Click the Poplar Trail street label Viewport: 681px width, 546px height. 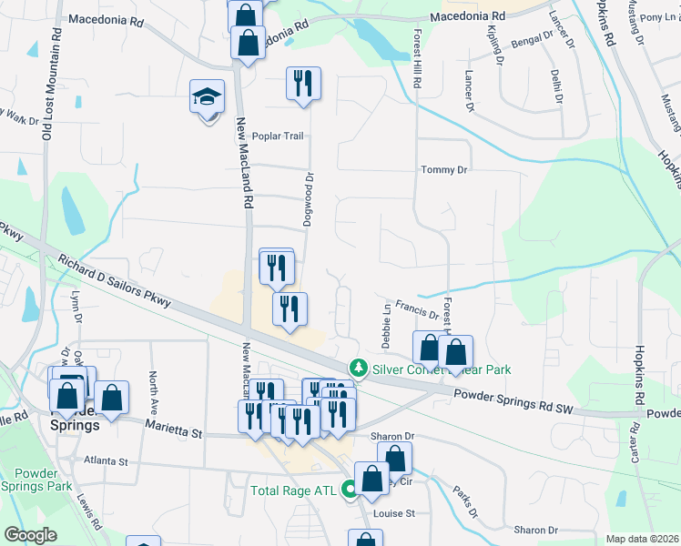tap(278, 136)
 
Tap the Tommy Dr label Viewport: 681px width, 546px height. tap(443, 169)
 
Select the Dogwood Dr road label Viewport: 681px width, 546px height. tap(309, 202)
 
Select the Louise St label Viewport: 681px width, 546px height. tap(394, 513)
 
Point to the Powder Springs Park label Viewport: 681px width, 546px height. tap(43, 479)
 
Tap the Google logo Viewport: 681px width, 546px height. tap(30, 535)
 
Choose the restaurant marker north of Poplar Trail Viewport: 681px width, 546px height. tap(302, 84)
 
